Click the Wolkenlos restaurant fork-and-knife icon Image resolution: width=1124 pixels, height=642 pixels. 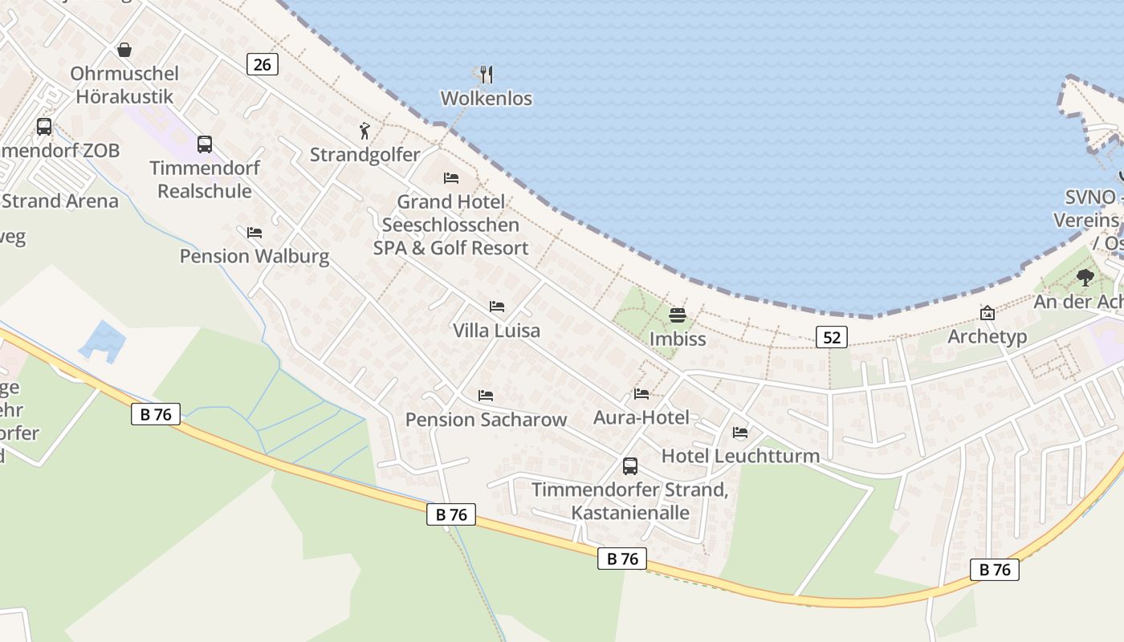[x=486, y=75]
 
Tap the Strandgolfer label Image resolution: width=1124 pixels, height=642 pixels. [x=365, y=155]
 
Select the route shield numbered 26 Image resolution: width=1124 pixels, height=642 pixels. [x=263, y=64]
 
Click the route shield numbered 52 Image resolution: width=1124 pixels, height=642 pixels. [x=832, y=337]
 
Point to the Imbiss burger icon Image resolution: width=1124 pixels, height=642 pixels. [x=678, y=315]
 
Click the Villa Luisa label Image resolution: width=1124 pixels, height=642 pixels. [x=496, y=331]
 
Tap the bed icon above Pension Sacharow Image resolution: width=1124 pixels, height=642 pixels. [x=485, y=395]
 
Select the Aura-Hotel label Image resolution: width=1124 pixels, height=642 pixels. [x=641, y=417]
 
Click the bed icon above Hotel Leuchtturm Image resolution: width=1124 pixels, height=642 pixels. [x=740, y=433]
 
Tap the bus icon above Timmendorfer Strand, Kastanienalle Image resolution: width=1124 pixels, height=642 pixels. [x=630, y=465]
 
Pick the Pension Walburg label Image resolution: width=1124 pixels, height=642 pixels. [x=255, y=256]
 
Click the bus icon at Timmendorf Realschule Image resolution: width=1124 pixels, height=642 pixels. [x=205, y=144]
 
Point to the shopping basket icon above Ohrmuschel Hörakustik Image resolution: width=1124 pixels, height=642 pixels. [x=124, y=50]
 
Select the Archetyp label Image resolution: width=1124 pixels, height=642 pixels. [x=987, y=336]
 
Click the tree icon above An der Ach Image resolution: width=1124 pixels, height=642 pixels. [x=1085, y=278]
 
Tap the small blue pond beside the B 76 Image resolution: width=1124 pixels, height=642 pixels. [x=103, y=339]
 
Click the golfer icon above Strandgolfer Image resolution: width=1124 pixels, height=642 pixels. [x=365, y=131]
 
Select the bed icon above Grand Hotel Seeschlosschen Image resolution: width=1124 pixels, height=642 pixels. [x=451, y=177]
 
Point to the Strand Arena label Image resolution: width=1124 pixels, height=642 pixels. [x=60, y=201]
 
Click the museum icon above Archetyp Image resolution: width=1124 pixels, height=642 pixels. [x=987, y=313]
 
